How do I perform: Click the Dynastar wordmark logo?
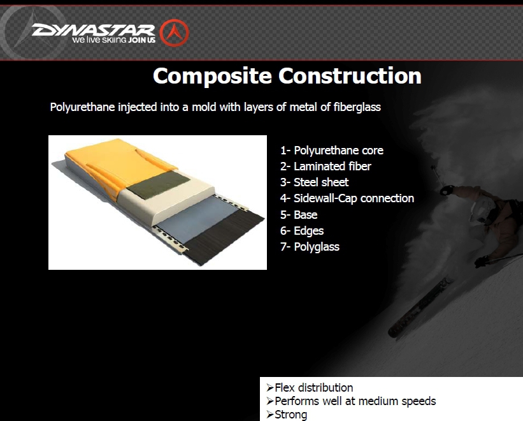click(94, 30)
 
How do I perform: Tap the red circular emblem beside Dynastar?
click(174, 33)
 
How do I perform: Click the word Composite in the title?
click(213, 77)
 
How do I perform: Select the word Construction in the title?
click(350, 76)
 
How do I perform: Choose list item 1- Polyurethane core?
click(332, 151)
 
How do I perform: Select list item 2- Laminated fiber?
click(326, 166)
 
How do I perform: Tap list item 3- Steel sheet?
click(314, 182)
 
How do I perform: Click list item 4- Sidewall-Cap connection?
click(347, 198)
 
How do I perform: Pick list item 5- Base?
click(299, 215)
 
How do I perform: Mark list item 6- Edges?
click(302, 231)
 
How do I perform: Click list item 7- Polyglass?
click(310, 247)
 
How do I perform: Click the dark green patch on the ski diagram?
click(159, 185)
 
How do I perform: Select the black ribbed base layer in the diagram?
click(224, 237)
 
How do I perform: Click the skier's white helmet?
click(482, 210)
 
